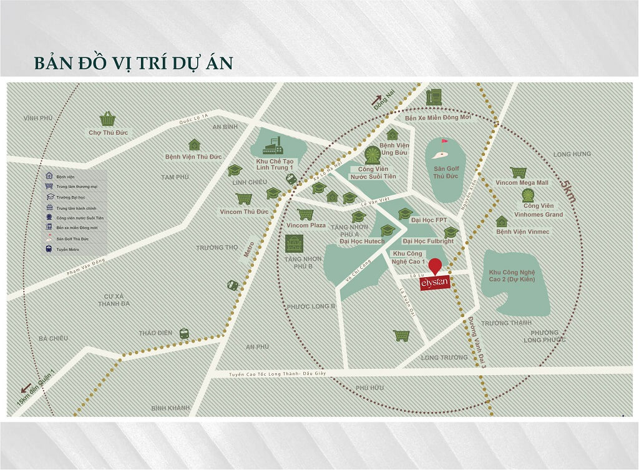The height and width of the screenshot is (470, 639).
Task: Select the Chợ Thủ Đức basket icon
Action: pos(108,119)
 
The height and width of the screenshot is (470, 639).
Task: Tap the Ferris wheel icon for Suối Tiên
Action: pos(373,155)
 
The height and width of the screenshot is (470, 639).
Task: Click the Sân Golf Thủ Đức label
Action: pos(446,172)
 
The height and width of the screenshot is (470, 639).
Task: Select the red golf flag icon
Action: pos(444,142)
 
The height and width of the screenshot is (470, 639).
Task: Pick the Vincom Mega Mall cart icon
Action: pos(518,172)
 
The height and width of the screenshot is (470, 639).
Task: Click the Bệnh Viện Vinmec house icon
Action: pos(502,222)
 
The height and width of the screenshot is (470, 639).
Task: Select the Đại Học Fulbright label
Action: pos(427,241)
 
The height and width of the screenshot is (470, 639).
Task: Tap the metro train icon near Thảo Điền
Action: pos(184,333)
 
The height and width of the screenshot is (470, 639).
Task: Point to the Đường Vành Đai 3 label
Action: pos(476,343)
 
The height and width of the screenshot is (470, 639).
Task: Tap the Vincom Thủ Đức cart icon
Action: pos(243,199)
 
